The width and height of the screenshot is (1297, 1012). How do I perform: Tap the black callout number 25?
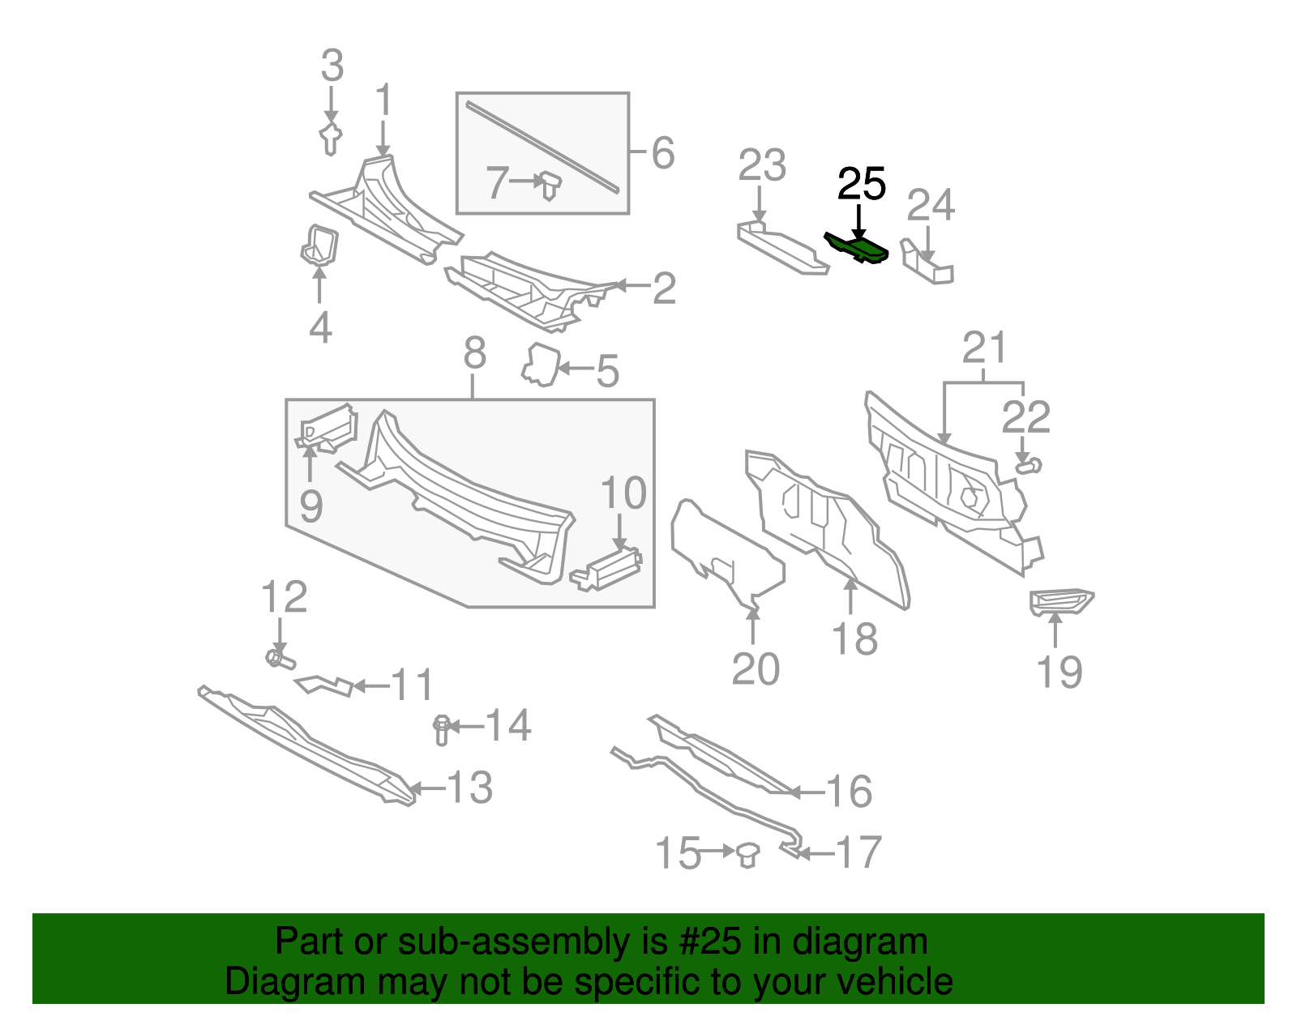tap(861, 185)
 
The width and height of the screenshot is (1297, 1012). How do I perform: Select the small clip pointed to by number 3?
tap(330, 139)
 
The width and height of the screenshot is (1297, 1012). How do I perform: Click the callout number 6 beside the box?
tap(662, 152)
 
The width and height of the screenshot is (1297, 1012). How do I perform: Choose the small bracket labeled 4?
tap(319, 245)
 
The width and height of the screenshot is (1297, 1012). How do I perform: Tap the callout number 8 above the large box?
tap(474, 353)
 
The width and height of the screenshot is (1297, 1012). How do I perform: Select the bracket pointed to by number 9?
tap(327, 429)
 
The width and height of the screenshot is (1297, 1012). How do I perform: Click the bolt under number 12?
tap(280, 658)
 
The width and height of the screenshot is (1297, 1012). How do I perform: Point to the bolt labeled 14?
tap(442, 728)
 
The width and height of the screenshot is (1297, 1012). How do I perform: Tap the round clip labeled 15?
tap(747, 854)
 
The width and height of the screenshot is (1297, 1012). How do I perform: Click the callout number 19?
tap(1059, 672)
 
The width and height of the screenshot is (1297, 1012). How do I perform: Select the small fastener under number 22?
tap(1029, 466)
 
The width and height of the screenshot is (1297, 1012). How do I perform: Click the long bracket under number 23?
tap(781, 249)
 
